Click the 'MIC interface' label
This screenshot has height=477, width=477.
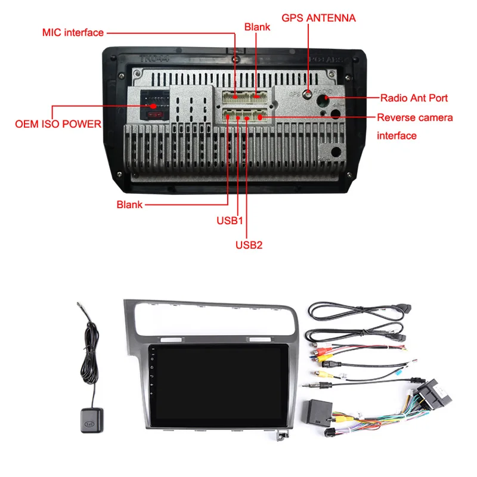pyautogui.click(x=73, y=32)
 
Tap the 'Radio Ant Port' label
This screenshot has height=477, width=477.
pyautogui.click(x=414, y=98)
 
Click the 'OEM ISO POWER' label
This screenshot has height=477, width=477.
pyautogui.click(x=57, y=125)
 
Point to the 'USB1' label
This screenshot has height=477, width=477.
pyautogui.click(x=230, y=220)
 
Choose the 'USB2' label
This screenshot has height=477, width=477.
pyautogui.click(x=249, y=244)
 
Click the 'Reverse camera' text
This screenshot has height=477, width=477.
pyautogui.click(x=414, y=117)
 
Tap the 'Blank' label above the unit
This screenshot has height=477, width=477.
pyautogui.click(x=257, y=27)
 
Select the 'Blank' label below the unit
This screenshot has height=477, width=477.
pyautogui.click(x=129, y=205)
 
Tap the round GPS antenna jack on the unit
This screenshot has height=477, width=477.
pyautogui.click(x=308, y=92)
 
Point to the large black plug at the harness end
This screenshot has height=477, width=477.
pyautogui.click(x=429, y=394)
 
